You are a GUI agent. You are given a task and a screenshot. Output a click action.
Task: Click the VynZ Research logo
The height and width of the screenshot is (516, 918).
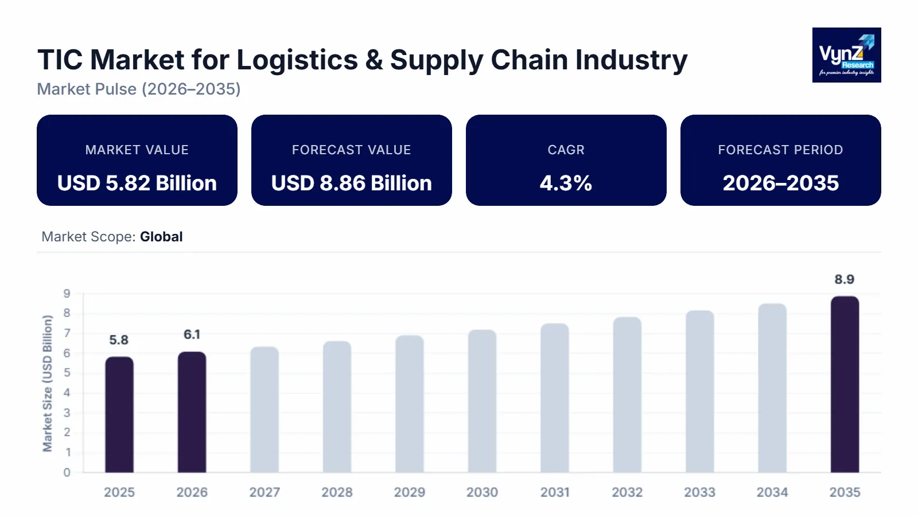pyautogui.click(x=846, y=55)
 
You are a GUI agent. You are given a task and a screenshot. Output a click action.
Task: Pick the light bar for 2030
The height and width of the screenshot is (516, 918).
pyautogui.click(x=482, y=401)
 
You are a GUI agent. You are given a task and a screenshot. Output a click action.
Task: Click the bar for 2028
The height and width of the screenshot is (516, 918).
pyautogui.click(x=337, y=407)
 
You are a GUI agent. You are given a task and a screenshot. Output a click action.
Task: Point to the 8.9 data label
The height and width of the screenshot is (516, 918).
pyautogui.click(x=844, y=279)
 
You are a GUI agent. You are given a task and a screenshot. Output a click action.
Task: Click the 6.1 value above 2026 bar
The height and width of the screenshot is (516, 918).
pyautogui.click(x=192, y=334)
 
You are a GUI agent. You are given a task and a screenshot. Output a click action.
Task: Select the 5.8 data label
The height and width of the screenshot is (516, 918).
pyautogui.click(x=119, y=340)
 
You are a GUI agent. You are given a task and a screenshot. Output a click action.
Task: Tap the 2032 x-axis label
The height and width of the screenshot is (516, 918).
pyautogui.click(x=627, y=492)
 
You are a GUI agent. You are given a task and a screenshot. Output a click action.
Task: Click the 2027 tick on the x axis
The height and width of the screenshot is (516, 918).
pyautogui.click(x=264, y=492)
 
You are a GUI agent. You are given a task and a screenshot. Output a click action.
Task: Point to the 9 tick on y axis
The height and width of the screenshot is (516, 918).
pyautogui.click(x=67, y=294)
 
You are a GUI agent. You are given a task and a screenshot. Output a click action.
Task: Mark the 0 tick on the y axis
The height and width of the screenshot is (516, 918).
pyautogui.click(x=67, y=472)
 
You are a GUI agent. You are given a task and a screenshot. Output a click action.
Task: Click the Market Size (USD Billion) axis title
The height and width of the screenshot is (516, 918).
pyautogui.click(x=48, y=383)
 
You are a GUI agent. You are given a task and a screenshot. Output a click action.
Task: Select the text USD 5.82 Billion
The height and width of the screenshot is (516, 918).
pyautogui.click(x=137, y=183)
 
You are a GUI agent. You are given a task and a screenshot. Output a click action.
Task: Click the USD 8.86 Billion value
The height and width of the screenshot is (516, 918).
pyautogui.click(x=351, y=183)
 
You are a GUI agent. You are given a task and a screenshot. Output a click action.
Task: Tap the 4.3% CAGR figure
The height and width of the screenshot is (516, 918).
pyautogui.click(x=566, y=183)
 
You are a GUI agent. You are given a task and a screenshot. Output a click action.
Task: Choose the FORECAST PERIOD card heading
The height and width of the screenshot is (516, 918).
pyautogui.click(x=780, y=150)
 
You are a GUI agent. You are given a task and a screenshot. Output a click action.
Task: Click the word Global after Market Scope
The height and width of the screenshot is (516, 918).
pyautogui.click(x=161, y=237)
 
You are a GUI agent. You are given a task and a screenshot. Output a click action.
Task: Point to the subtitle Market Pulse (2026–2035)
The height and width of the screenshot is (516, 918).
pyautogui.click(x=139, y=89)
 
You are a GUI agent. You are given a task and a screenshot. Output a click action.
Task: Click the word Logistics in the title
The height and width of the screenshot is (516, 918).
pyautogui.click(x=297, y=60)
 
